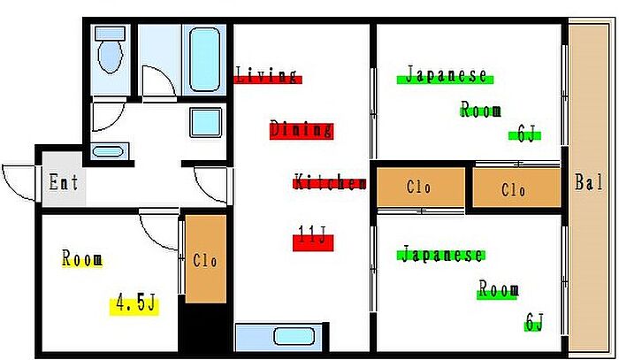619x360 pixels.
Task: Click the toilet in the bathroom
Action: (x=111, y=50)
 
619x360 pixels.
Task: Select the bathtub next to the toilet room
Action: (x=204, y=59)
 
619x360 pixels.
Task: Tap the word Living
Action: (x=266, y=75)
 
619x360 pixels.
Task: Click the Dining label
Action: (x=302, y=129)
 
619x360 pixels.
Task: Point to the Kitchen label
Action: (x=330, y=182)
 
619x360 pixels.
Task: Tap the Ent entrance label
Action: (x=64, y=182)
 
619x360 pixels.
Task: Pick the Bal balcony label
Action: (x=589, y=182)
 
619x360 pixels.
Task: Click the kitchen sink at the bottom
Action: (x=294, y=337)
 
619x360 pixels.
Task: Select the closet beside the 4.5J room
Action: (x=206, y=259)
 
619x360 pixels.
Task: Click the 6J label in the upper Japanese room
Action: (x=526, y=135)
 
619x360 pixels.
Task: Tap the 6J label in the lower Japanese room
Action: (x=534, y=322)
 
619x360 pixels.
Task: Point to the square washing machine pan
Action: (x=206, y=122)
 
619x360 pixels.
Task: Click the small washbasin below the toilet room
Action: (x=110, y=152)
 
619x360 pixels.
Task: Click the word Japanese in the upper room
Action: (x=446, y=74)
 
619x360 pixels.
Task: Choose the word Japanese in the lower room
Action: (x=442, y=254)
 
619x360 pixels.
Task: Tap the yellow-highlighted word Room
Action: (x=82, y=259)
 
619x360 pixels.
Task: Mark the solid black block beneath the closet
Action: (x=206, y=327)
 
